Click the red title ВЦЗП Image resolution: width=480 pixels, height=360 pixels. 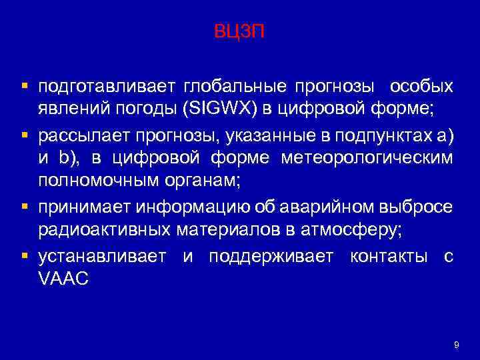(x=239, y=32)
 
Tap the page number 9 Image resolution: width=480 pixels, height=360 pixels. (x=456, y=345)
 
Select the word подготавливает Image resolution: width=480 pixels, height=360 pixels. (x=107, y=87)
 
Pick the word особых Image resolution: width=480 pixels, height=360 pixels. (x=421, y=87)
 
